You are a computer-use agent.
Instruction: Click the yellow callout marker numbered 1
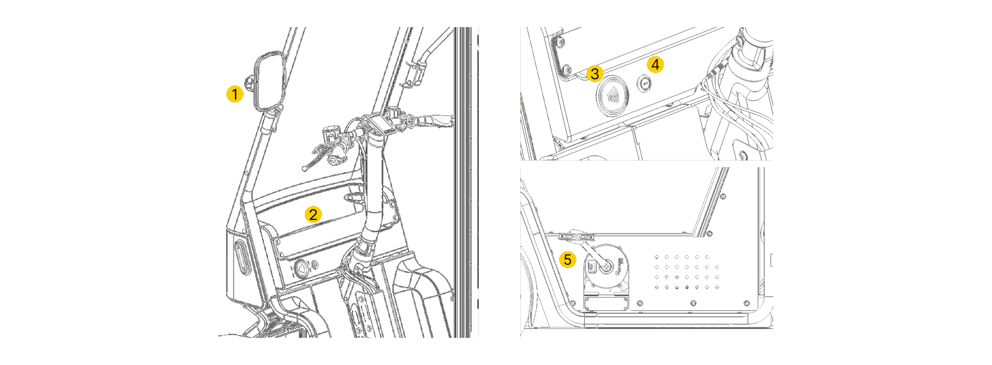(x=235, y=94)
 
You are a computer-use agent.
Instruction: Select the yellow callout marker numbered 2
(x=313, y=215)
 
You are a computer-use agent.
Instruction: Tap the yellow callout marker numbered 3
(x=595, y=74)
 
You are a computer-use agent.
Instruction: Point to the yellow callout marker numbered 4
(x=655, y=64)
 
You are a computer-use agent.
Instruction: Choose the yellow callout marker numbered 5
(x=567, y=259)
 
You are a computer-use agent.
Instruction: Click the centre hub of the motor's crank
(x=606, y=267)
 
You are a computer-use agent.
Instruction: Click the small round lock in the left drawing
(x=315, y=264)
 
